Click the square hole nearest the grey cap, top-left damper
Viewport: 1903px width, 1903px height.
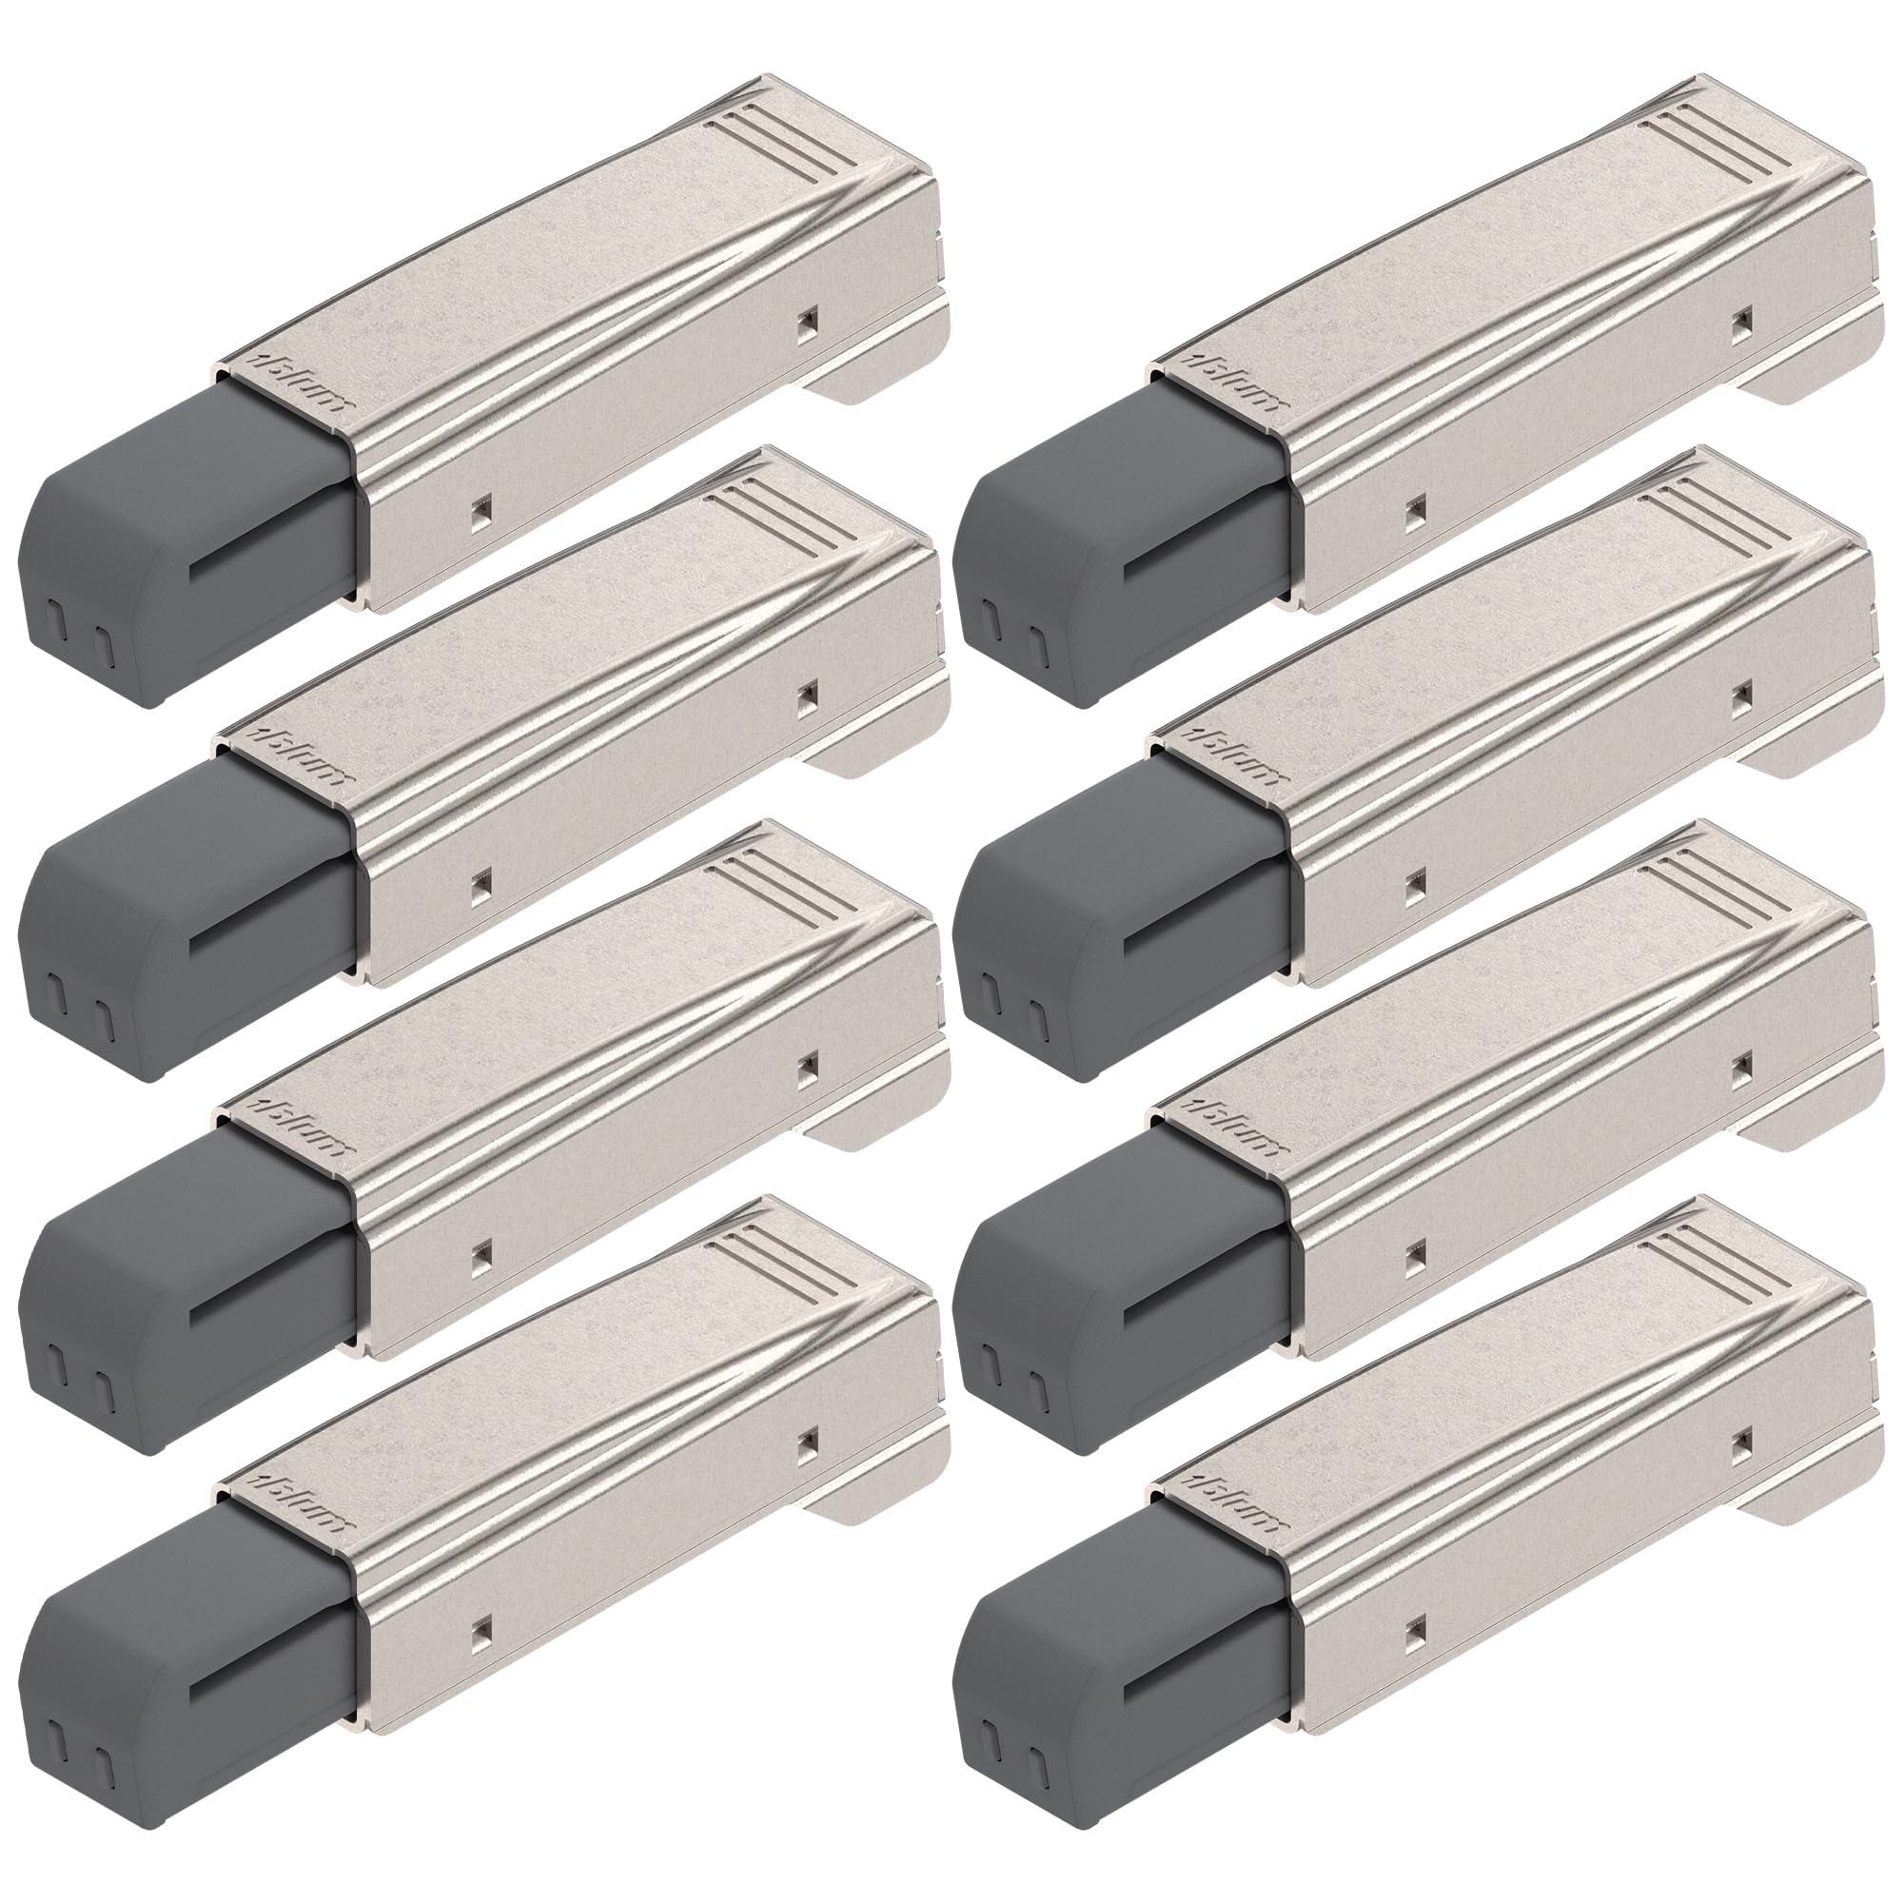pyautogui.click(x=480, y=511)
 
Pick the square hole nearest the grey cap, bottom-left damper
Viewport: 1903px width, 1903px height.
pyautogui.click(x=480, y=1634)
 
